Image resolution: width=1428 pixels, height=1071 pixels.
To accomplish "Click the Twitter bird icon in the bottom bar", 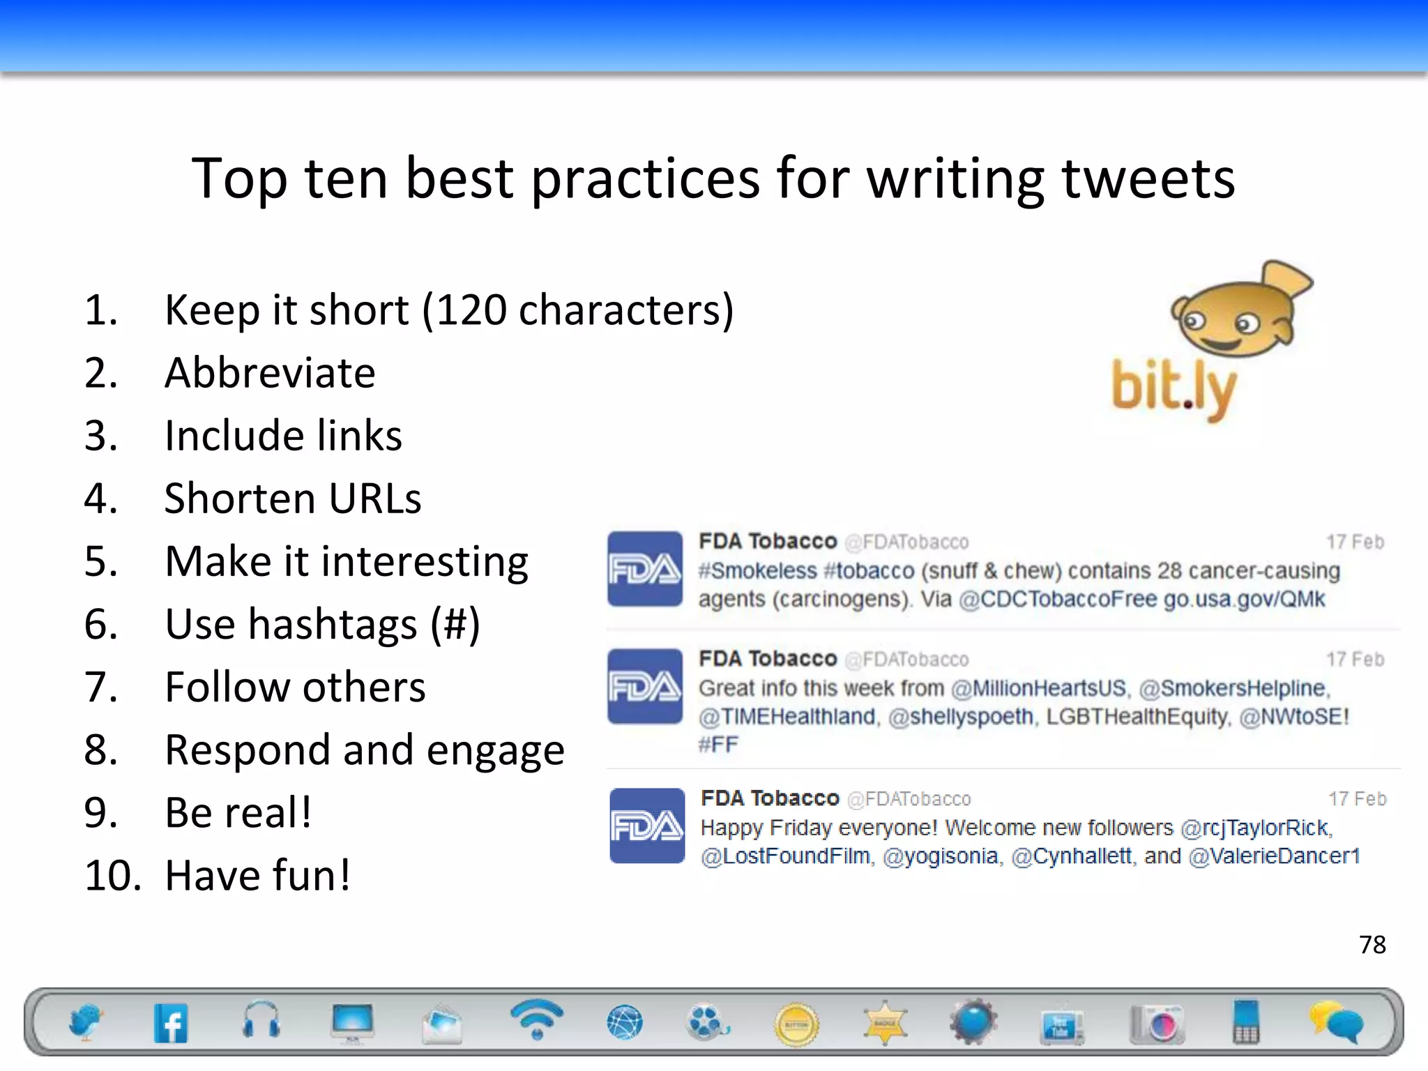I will point(85,1022).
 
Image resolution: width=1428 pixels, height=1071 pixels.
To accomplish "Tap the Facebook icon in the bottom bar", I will point(171,1023).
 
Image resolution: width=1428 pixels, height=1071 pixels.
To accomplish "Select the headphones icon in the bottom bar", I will point(261,1020).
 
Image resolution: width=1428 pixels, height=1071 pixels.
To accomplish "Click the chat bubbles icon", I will point(1335,1021).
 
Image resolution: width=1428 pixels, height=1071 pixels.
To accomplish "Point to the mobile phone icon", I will point(1246,1021).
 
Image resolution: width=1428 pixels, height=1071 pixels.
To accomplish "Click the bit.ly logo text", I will point(1173,388).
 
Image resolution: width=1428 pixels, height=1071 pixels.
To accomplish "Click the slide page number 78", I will point(1372,945).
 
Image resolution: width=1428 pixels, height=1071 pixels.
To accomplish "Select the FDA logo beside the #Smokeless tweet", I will point(645,569).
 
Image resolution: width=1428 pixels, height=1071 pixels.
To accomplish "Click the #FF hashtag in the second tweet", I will point(718,745).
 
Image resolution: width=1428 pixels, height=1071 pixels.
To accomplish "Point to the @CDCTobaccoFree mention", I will point(1058,599).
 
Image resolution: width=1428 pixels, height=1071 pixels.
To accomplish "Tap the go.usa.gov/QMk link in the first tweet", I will point(1244,599).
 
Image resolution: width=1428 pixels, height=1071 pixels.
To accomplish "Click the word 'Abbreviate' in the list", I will point(270,372).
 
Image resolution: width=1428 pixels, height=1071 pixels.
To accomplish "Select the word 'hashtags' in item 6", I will point(333,623).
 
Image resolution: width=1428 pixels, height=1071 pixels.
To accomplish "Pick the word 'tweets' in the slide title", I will point(1148,178).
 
